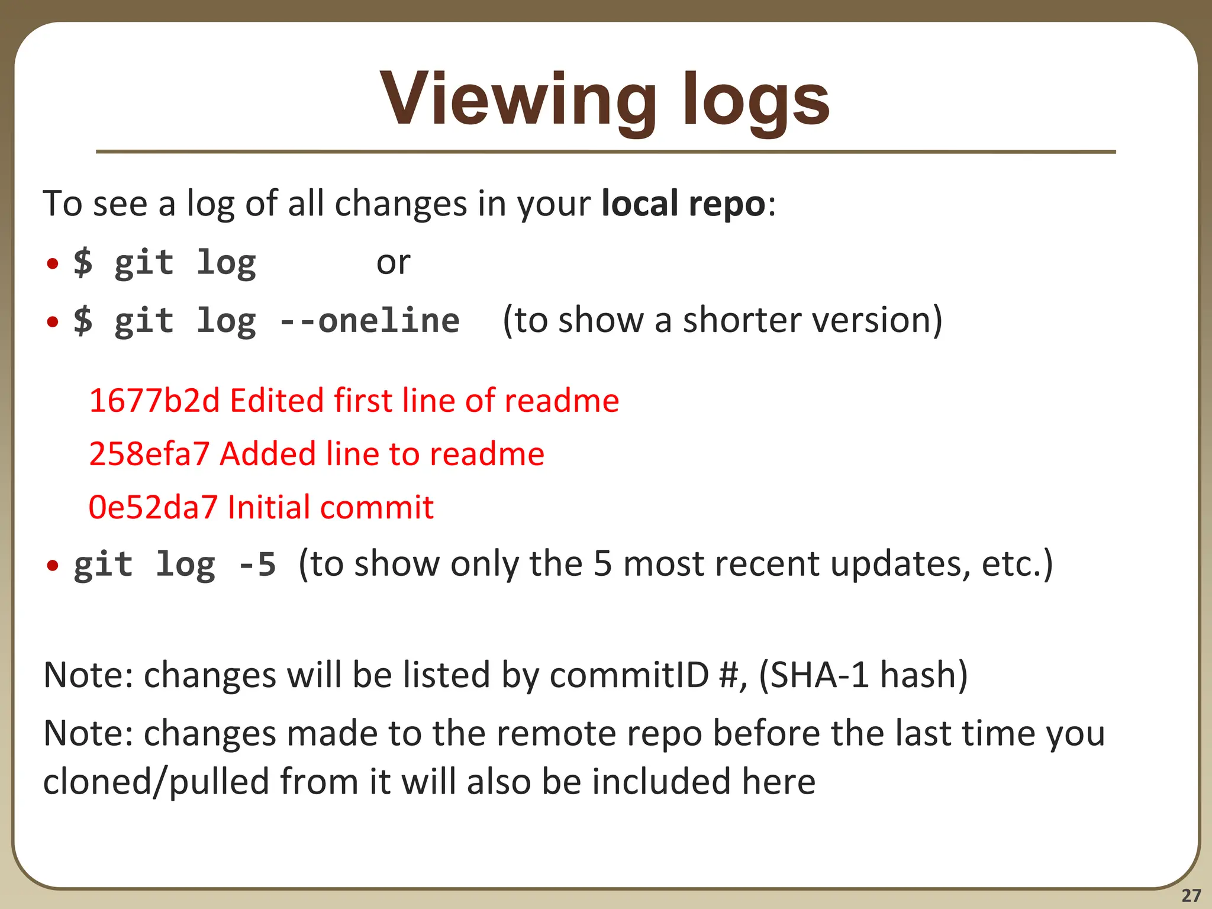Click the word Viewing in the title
(x=518, y=99)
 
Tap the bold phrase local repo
(x=683, y=204)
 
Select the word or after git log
(x=393, y=262)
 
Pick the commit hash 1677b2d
(x=154, y=401)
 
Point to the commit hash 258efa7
(x=149, y=454)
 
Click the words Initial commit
(x=330, y=507)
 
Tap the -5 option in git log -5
(x=257, y=564)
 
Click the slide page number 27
(x=1191, y=895)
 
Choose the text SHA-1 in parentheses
(x=820, y=675)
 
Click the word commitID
(x=628, y=675)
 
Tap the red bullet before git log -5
(x=53, y=566)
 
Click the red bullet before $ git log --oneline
(x=53, y=322)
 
